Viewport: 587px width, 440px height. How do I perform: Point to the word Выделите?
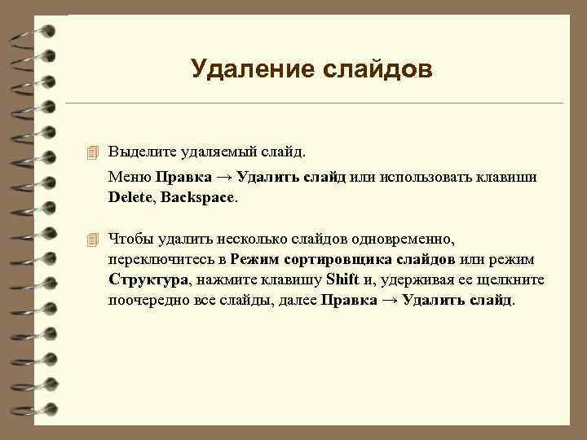[x=141, y=152]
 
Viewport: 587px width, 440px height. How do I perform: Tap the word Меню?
[x=130, y=177]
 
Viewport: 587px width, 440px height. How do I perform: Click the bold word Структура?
[x=148, y=280]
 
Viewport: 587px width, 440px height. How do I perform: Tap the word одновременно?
[x=408, y=240]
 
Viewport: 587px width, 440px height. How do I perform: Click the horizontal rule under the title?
[x=314, y=103]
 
